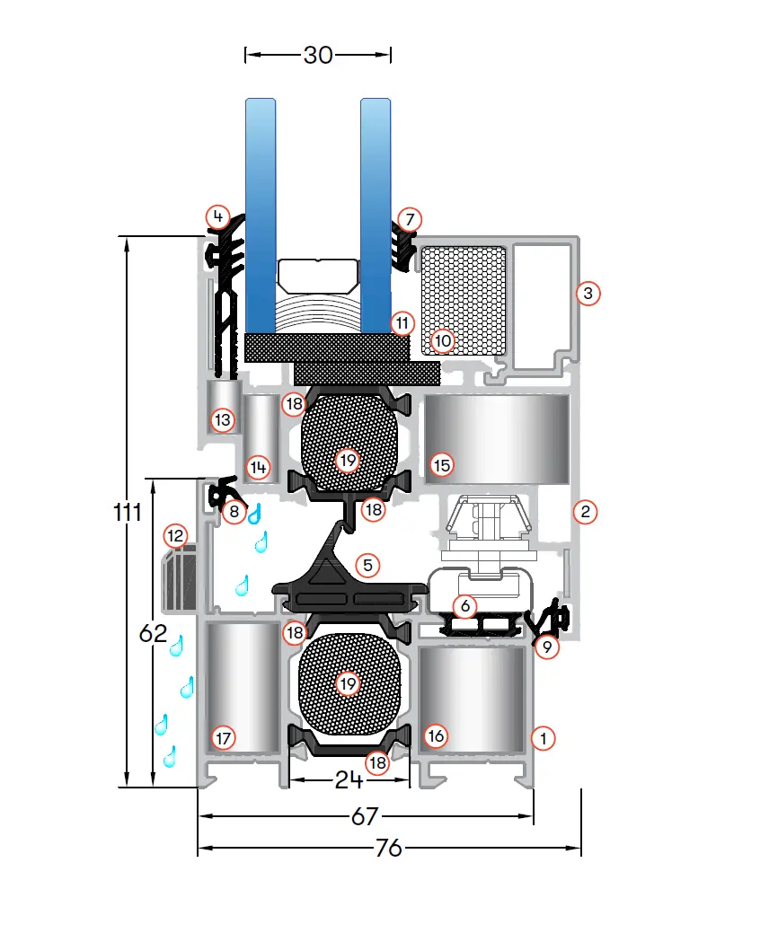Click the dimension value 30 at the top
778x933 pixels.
(318, 56)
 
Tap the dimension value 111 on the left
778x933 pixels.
(128, 512)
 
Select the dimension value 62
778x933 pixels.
(153, 633)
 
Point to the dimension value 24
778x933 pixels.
(349, 779)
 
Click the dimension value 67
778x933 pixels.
(365, 816)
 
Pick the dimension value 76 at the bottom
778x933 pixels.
(389, 848)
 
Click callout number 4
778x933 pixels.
(218, 216)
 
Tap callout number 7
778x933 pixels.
(410, 220)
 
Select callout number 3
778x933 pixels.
(588, 294)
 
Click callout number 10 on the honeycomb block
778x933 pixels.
(442, 341)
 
